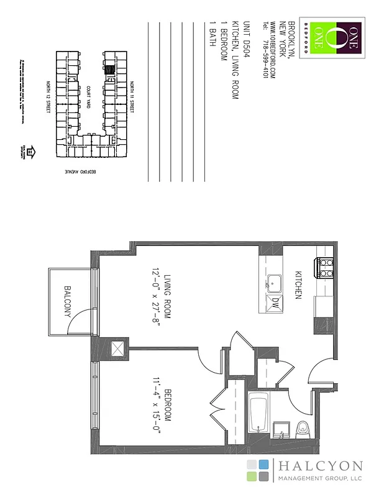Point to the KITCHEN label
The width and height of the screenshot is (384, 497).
coord(298,286)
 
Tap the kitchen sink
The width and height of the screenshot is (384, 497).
coord(273,282)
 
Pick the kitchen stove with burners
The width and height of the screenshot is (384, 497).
coord(325,268)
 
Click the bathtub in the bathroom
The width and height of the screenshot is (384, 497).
coord(257,412)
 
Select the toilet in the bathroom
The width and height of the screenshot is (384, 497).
coord(304,429)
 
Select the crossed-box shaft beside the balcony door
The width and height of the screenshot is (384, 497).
coord(117,349)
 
